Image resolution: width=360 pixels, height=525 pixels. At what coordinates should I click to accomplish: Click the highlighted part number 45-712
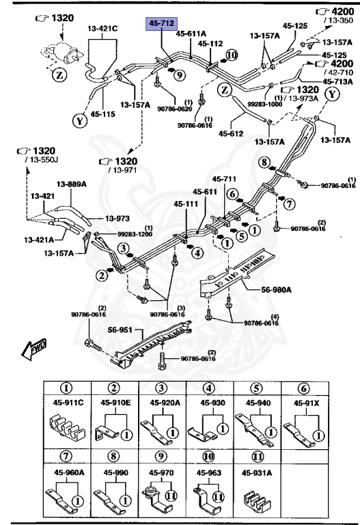pos(158,25)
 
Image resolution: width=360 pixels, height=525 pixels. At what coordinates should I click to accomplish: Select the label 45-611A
pos(192,33)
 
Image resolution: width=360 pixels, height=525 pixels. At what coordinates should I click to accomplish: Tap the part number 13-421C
pos(102,29)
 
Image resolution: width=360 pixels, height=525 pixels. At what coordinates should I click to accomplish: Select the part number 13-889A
pos(70,183)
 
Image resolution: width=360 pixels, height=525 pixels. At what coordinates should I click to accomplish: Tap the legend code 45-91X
pos(307,403)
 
